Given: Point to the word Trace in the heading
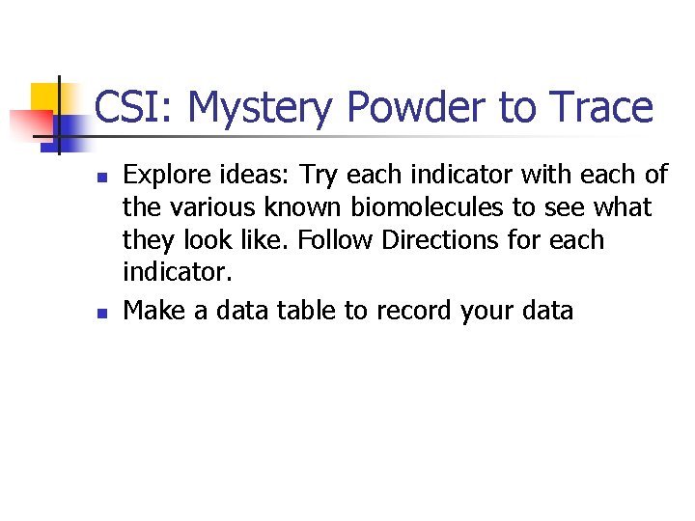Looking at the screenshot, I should (x=602, y=107).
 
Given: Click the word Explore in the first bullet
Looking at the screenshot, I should (x=161, y=176).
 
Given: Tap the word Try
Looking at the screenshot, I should (x=320, y=176).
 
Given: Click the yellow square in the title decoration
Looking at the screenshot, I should (x=44, y=97).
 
